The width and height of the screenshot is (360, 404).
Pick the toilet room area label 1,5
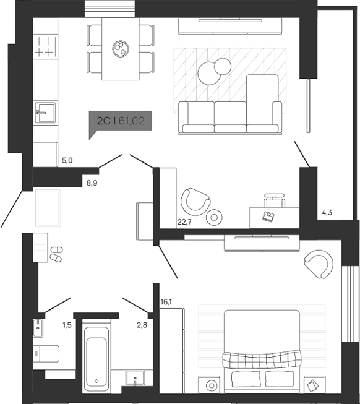(x=67, y=324)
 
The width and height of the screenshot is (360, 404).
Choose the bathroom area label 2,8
(x=141, y=324)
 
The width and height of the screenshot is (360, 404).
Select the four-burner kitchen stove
(x=44, y=47)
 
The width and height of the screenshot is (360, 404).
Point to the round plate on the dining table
(x=120, y=48)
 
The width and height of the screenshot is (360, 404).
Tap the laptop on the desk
(x=268, y=216)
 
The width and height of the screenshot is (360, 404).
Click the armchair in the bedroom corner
(x=317, y=263)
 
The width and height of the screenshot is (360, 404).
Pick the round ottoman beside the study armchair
(x=215, y=217)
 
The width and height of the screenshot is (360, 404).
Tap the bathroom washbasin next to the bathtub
(x=134, y=378)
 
